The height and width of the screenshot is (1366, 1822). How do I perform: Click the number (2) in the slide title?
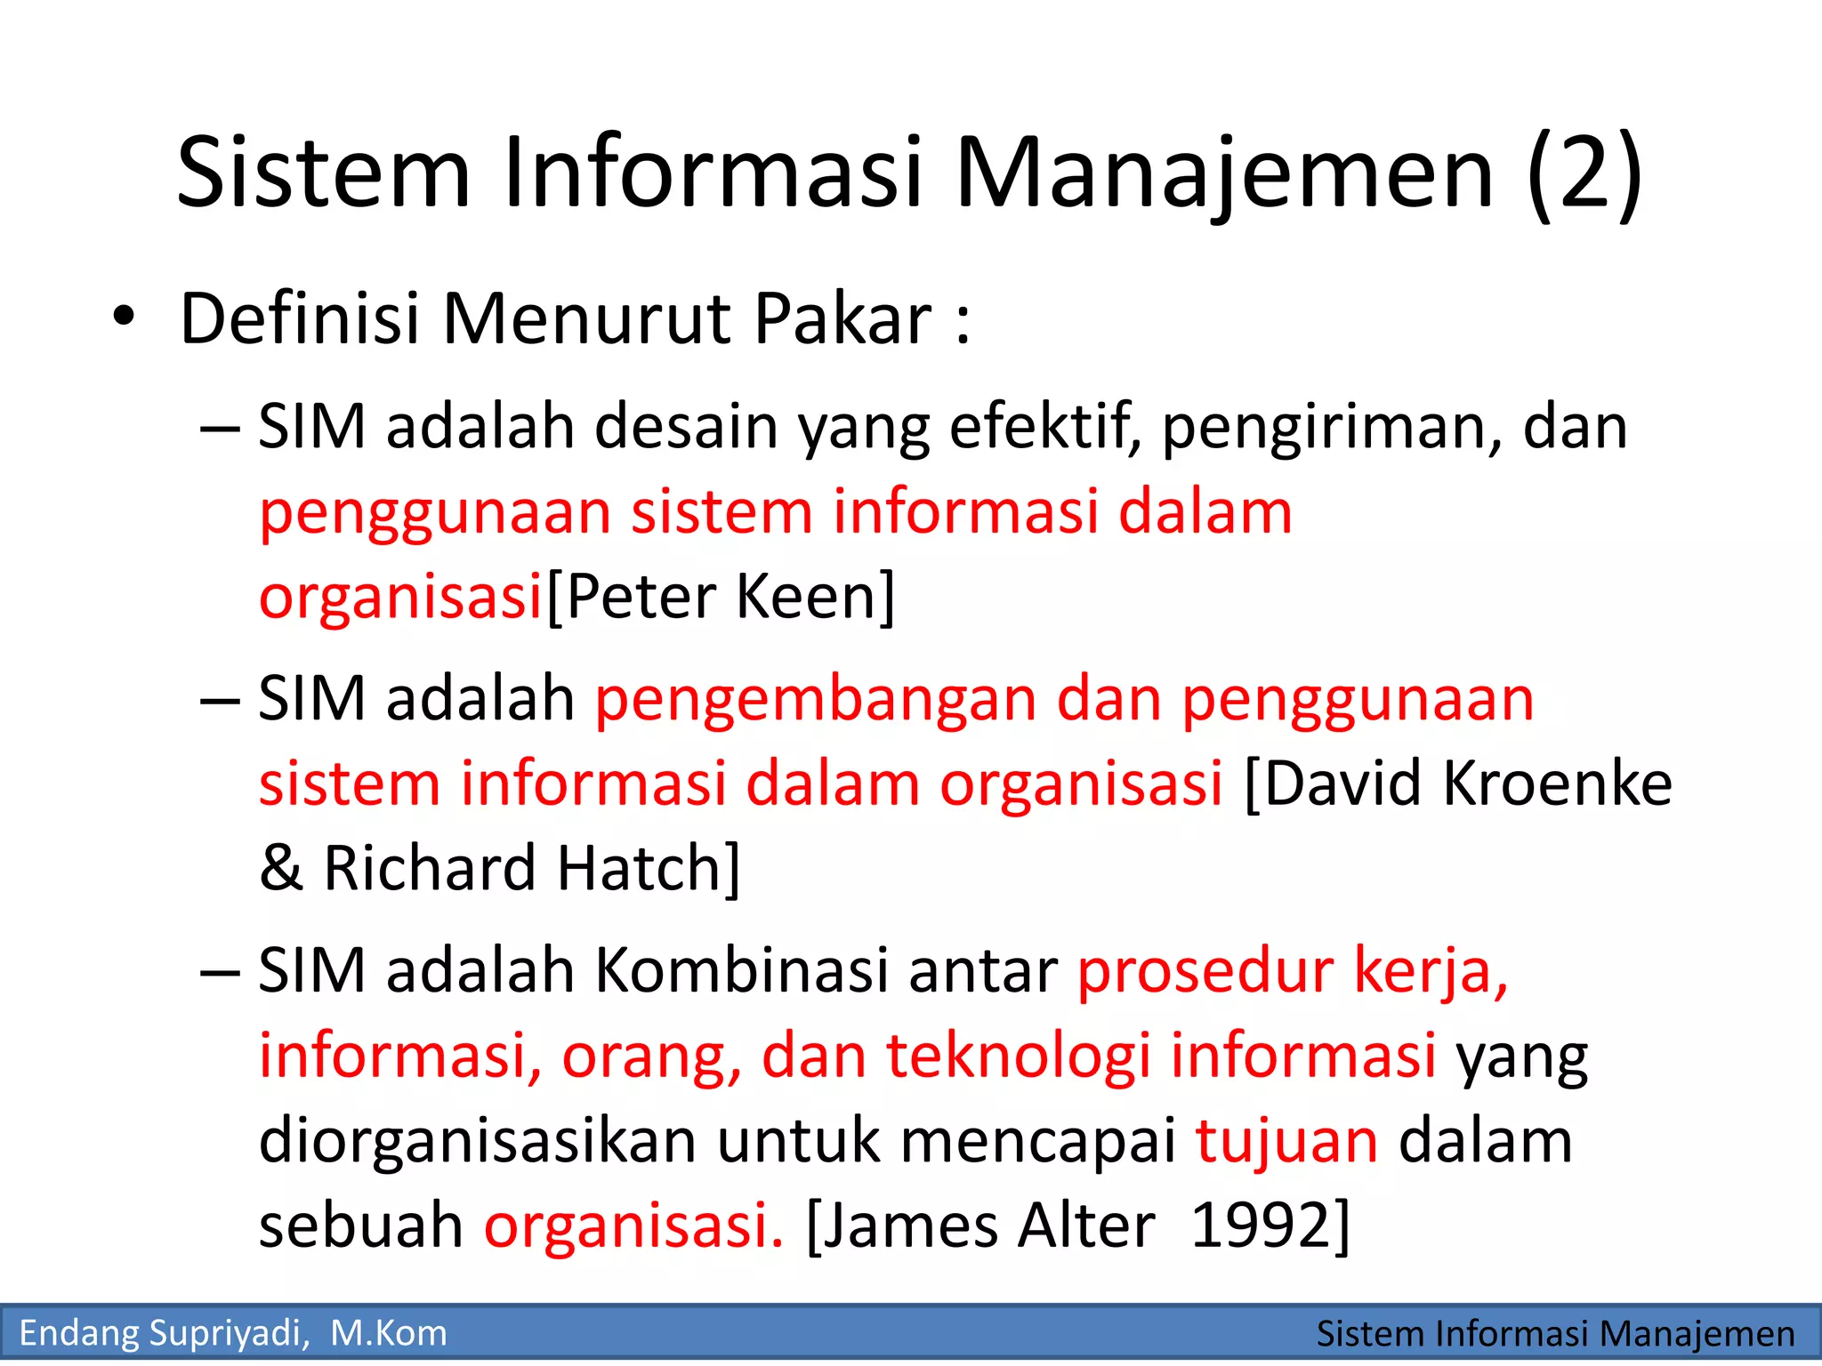[1584, 173]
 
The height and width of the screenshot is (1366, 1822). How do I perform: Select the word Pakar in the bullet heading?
[842, 318]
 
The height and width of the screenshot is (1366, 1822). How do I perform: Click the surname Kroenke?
[1557, 784]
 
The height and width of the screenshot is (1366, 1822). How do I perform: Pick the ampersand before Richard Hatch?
[281, 868]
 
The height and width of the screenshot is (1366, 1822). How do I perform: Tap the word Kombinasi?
[742, 970]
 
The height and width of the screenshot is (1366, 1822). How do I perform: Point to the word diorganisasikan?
[478, 1141]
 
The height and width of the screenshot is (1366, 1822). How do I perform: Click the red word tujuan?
[1286, 1141]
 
